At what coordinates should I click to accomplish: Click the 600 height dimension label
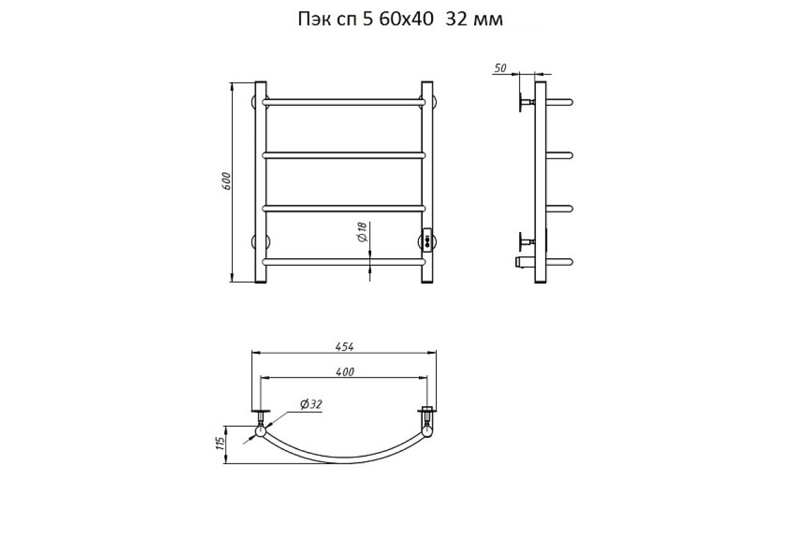point(226,182)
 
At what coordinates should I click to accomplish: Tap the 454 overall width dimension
point(344,346)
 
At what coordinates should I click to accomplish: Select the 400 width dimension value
point(345,372)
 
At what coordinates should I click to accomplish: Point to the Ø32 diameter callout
point(311,404)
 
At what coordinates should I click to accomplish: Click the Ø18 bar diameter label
point(362,232)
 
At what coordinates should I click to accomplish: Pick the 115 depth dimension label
point(220,443)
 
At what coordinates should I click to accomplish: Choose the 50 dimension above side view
point(500,68)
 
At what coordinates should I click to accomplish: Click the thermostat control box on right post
point(427,239)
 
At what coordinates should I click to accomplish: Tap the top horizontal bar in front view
point(344,102)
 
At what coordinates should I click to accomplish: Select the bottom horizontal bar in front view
point(344,262)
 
